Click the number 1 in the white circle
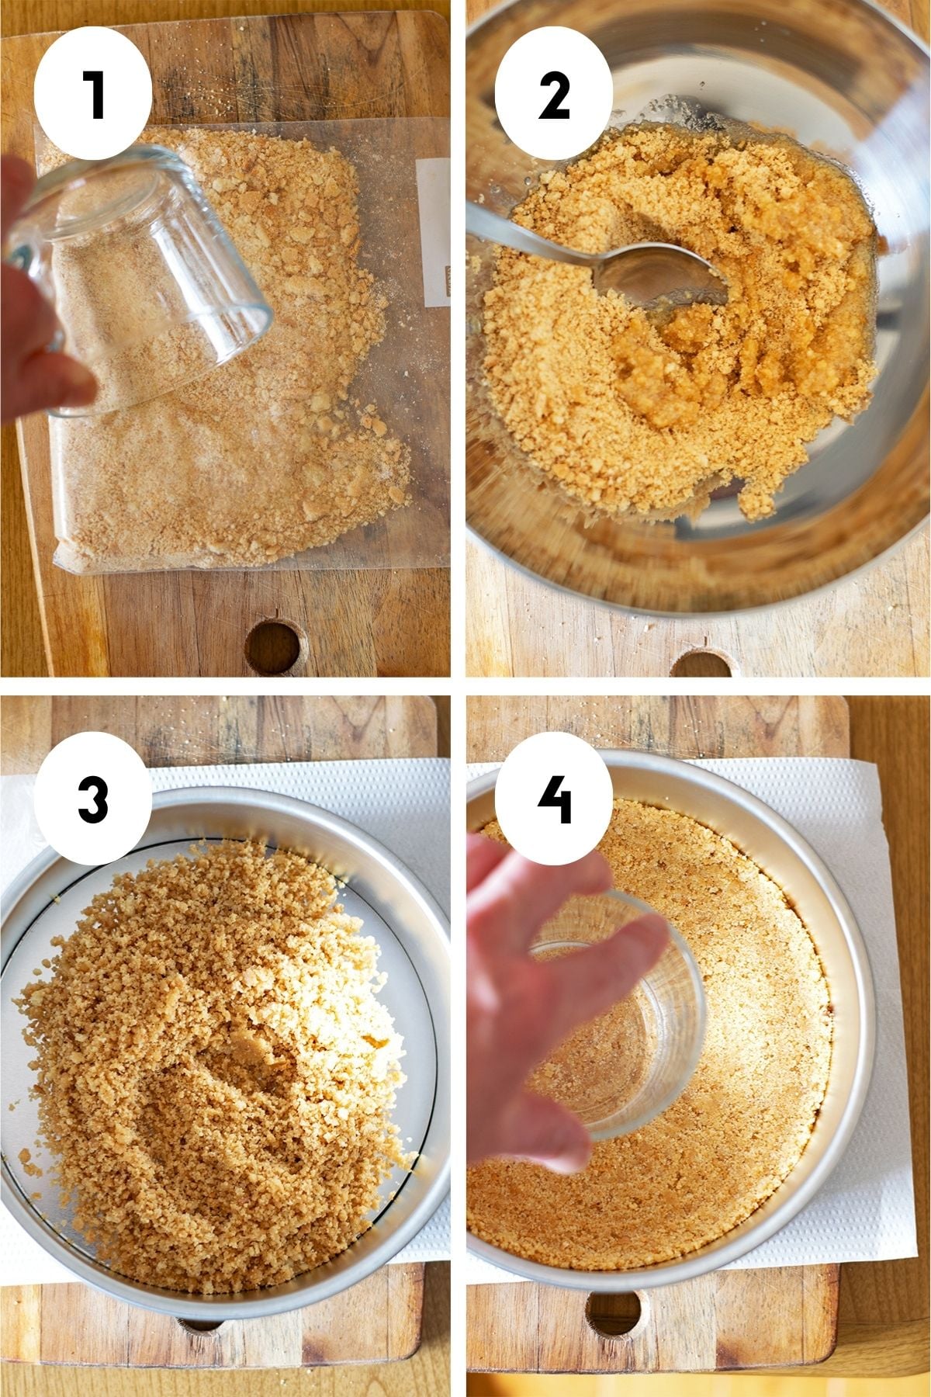click(93, 95)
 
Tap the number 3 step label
click(93, 799)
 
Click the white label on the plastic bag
click(433, 229)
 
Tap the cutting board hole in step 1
click(274, 646)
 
